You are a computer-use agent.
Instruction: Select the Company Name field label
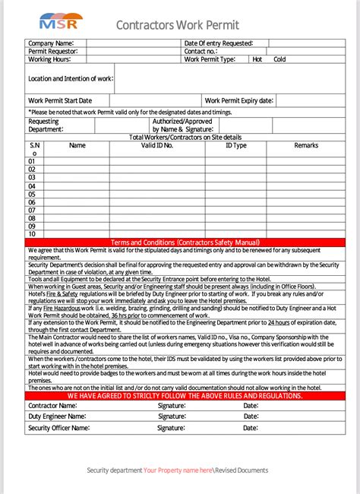[51, 43]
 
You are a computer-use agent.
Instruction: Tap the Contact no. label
[201, 51]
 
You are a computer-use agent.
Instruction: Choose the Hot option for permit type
[257, 59]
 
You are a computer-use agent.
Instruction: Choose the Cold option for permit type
[279, 59]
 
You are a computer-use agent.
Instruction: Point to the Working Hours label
[50, 59]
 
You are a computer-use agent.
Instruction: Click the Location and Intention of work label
[70, 78]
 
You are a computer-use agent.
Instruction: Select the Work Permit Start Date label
[60, 100]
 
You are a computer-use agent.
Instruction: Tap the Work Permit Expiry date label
[238, 100]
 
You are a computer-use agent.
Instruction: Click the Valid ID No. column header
[157, 145]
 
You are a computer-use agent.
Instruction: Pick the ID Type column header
[235, 145]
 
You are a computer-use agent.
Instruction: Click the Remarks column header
[306, 145]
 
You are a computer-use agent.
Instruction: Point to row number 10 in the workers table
[32, 234]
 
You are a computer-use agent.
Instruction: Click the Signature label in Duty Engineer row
[172, 417]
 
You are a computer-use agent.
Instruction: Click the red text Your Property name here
[178, 470]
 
